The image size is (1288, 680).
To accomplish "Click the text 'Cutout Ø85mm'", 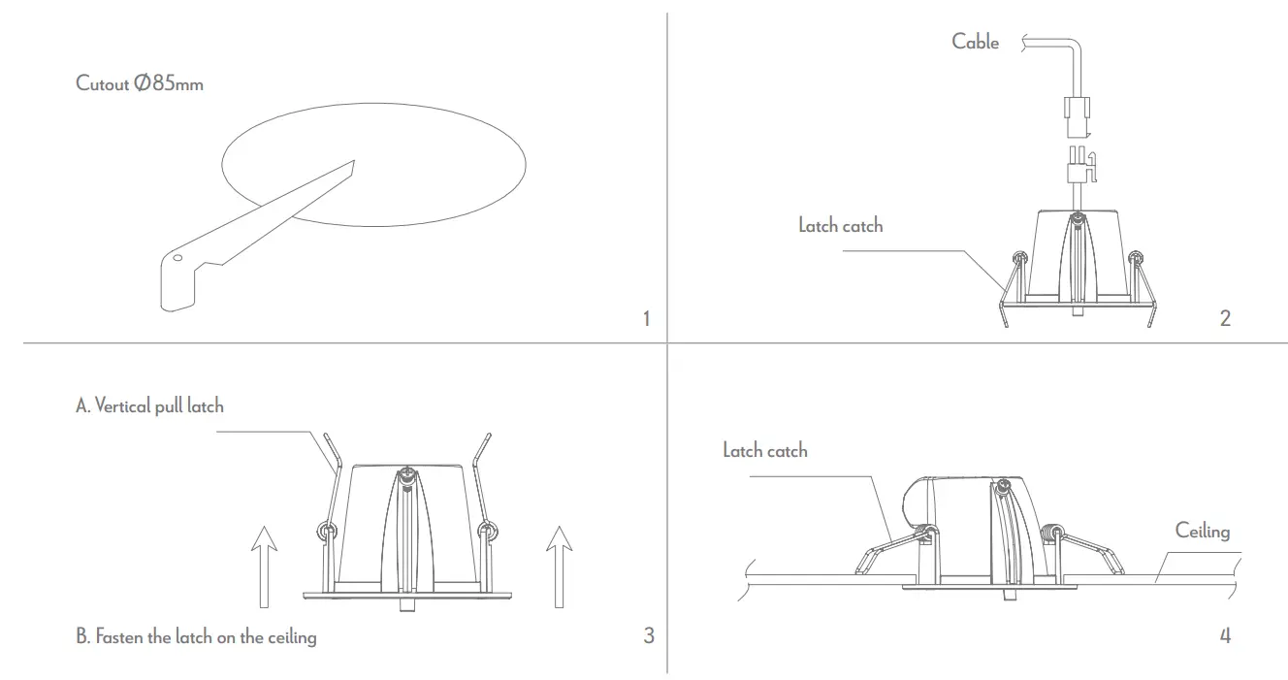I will (140, 83).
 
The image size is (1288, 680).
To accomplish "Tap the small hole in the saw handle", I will (177, 259).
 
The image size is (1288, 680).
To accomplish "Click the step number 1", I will (647, 318).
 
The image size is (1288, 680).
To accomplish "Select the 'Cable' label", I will (975, 41).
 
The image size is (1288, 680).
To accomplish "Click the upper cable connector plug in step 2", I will (1078, 113).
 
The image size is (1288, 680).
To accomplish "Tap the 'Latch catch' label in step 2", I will (840, 225).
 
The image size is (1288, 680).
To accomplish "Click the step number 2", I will (1225, 318).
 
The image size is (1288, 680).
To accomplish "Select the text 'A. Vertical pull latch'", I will (149, 405).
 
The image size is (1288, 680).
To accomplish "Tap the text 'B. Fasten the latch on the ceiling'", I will (196, 637).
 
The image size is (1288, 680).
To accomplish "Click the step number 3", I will (648, 635).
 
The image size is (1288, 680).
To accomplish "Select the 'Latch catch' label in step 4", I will (764, 450).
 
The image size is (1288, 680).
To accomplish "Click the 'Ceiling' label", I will (1202, 531).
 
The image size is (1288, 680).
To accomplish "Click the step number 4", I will (1225, 635).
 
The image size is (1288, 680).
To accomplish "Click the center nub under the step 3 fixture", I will (406, 604).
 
